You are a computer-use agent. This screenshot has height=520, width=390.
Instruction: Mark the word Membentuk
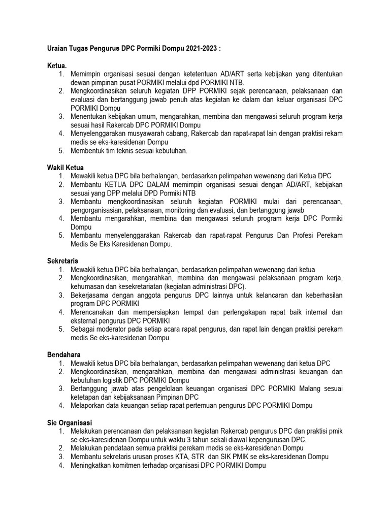88,150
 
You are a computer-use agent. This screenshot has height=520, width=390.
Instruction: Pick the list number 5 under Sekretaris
60,329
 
